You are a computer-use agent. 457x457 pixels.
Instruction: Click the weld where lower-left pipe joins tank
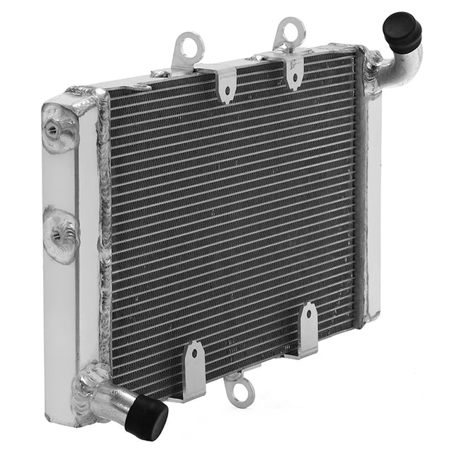pyautogui.click(x=91, y=383)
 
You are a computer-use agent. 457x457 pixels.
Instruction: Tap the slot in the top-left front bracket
pyautogui.click(x=225, y=91)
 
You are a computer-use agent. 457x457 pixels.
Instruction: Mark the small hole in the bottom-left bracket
pyautogui.click(x=195, y=353)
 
